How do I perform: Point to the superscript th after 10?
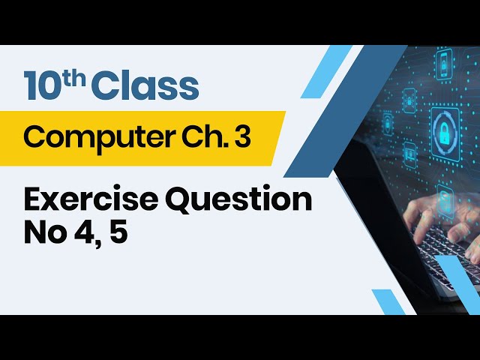[76, 77]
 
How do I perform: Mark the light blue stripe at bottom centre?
[388, 301]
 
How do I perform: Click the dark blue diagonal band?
[322, 120]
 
